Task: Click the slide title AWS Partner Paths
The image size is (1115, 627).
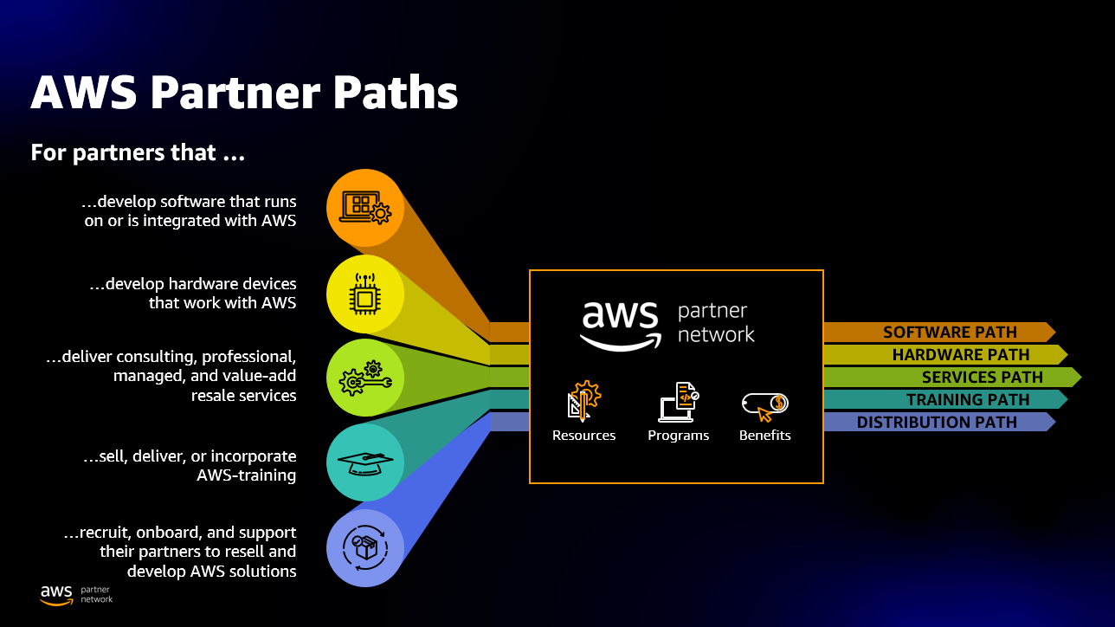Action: click(244, 93)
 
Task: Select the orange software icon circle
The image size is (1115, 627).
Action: click(365, 208)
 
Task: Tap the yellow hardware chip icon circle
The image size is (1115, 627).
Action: click(365, 294)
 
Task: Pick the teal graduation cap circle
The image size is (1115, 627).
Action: click(365, 462)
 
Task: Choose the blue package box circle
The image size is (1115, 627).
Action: click(365, 547)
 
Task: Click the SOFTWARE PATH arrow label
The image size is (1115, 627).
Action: click(949, 333)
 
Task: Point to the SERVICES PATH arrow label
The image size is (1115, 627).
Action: click(982, 378)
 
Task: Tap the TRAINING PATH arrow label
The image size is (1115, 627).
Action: click(967, 400)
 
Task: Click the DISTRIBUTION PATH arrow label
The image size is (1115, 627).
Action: click(937, 423)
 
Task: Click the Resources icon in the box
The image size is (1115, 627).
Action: click(583, 401)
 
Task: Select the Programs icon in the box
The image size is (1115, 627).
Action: click(679, 402)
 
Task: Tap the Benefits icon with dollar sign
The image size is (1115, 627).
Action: click(765, 404)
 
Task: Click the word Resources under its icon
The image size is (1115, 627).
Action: click(583, 436)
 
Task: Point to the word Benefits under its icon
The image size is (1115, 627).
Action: click(765, 436)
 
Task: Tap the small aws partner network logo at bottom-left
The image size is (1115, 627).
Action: click(76, 594)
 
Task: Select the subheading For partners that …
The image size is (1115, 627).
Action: click(138, 153)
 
